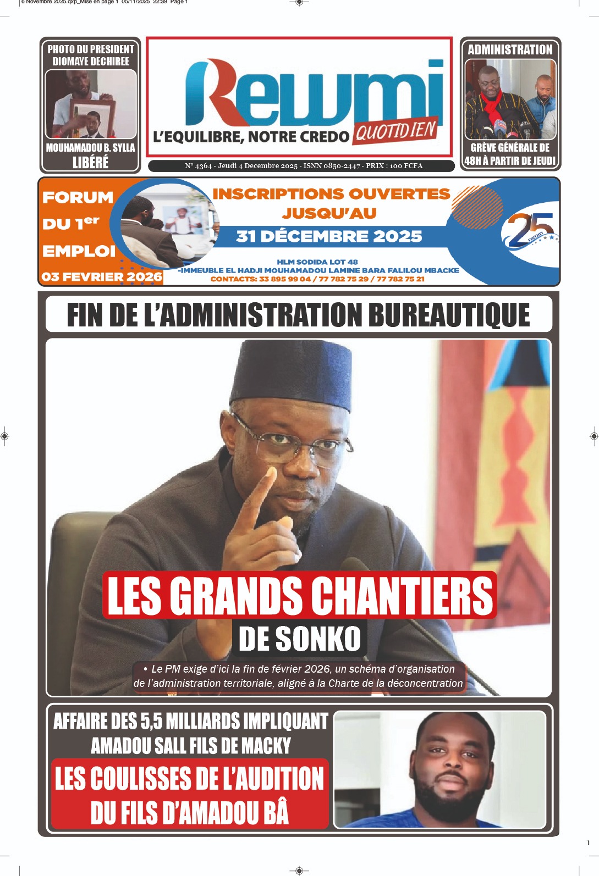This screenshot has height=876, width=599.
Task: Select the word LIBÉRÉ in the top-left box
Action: point(90,162)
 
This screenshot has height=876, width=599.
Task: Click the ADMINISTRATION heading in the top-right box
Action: point(510,49)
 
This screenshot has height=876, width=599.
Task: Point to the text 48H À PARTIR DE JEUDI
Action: point(510,160)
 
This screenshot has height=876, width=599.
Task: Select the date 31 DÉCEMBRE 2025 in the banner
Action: point(329,236)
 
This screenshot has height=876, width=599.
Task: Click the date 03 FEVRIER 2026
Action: point(102,276)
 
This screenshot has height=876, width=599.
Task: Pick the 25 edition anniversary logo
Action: point(528,230)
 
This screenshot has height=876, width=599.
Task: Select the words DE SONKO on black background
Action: point(300,639)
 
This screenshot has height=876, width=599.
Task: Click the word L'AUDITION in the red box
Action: point(272,779)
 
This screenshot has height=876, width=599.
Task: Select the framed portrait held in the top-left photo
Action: point(94,118)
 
